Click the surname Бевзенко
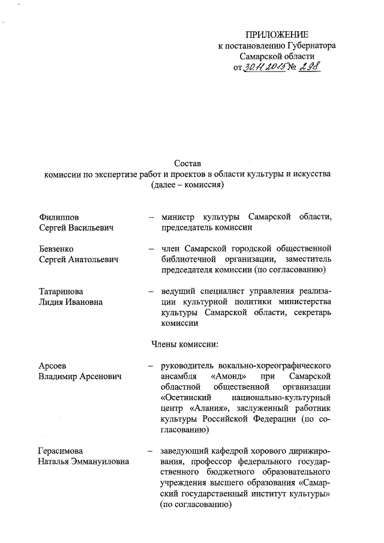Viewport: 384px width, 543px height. [x=56, y=248]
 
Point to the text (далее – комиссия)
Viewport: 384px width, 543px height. [x=188, y=185]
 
